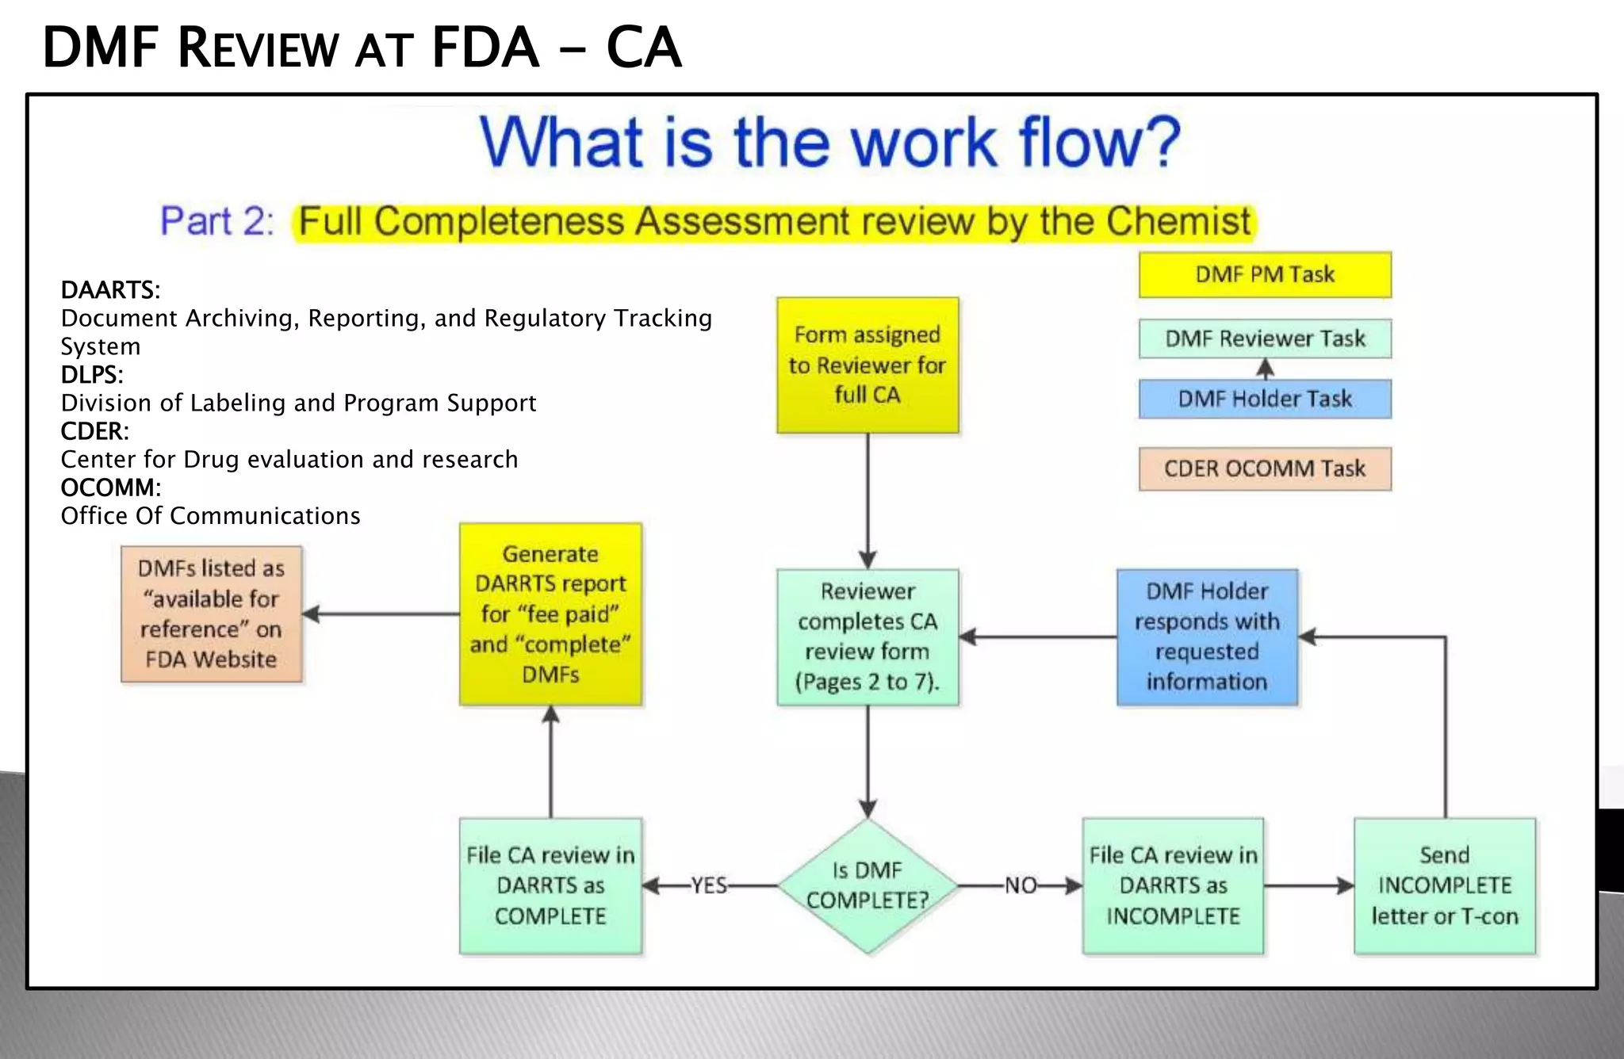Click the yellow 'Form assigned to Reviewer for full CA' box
click(x=868, y=365)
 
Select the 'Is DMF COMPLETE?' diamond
click(x=868, y=885)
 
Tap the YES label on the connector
click(x=708, y=885)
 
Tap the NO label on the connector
click(x=1021, y=885)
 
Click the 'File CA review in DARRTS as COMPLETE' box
click(x=550, y=885)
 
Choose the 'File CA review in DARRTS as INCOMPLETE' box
click(x=1173, y=885)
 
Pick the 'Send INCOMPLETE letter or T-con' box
click(x=1445, y=885)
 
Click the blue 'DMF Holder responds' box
click(x=1207, y=637)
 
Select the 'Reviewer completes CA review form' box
click(x=868, y=637)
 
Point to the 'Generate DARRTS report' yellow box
click(x=550, y=614)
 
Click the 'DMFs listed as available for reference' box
click(x=211, y=614)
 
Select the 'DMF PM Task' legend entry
click(x=1265, y=274)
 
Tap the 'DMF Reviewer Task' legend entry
click(x=1265, y=339)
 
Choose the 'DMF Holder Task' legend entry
click(x=1265, y=399)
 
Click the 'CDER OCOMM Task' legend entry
click(x=1265, y=468)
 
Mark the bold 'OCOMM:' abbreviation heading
click(x=110, y=487)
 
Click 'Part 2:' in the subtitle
click(x=217, y=222)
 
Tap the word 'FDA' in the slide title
click(x=485, y=48)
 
